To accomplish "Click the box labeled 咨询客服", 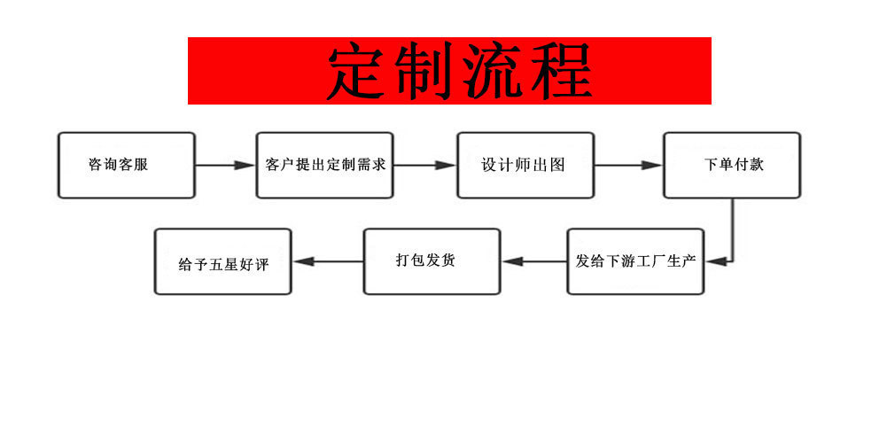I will (126, 165).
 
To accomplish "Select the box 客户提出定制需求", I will (325, 165).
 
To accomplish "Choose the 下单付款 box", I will (732, 165).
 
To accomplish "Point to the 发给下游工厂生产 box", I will (635, 261).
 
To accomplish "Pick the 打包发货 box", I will (432, 261).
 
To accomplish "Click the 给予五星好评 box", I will (222, 262).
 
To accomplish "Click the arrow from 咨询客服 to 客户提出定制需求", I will (225, 165).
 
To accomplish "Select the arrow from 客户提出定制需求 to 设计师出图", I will (425, 165).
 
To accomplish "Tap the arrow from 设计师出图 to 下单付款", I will (627, 165).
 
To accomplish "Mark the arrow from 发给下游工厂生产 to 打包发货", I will (534, 261).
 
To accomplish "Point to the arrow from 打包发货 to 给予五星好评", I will (328, 261).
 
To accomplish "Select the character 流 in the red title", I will (493, 71).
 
